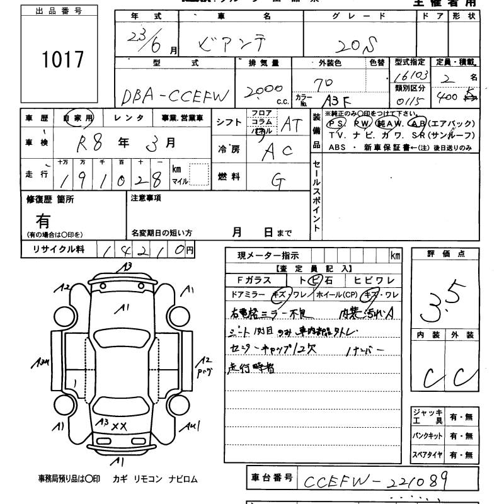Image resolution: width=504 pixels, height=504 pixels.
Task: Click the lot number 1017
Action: pyautogui.click(x=62, y=60)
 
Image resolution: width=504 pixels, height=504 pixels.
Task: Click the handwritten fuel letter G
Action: pyautogui.click(x=277, y=179)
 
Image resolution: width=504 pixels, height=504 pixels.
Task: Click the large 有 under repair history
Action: pyautogui.click(x=43, y=221)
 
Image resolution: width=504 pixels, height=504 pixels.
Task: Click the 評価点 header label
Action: pyautogui.click(x=445, y=253)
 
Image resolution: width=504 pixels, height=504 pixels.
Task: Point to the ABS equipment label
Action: pyautogui.click(x=338, y=147)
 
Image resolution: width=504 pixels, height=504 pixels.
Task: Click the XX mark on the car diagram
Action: pyautogui.click(x=119, y=427)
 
